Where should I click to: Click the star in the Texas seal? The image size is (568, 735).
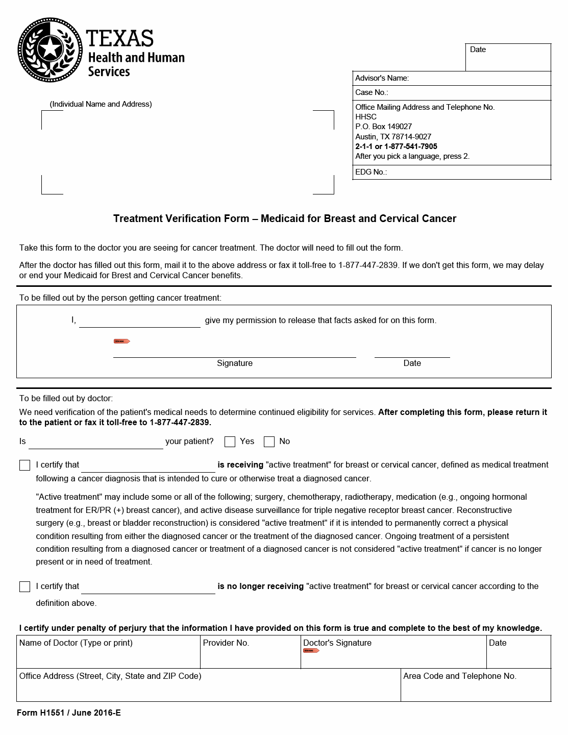coord(50,50)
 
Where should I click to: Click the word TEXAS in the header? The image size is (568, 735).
coord(120,39)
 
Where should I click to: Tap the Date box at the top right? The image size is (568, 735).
coord(508,57)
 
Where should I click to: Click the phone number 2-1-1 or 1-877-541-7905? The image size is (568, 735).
coord(396,146)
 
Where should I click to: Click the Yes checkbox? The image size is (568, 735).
coord(230,442)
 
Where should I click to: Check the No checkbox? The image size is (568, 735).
coord(269,442)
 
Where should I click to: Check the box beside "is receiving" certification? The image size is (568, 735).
coord(24,465)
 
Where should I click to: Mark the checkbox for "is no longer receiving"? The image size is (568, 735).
coord(24,586)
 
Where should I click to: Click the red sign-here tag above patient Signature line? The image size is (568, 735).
coord(121,341)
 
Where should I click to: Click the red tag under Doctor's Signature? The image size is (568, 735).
coord(311,651)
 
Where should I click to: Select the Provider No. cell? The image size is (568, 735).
coord(250,652)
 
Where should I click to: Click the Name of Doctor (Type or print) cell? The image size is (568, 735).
coord(108,652)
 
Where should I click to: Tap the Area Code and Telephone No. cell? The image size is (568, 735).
coord(475,685)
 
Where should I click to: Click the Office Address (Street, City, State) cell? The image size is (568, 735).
coord(208,685)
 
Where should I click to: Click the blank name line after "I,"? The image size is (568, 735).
coord(140,322)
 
